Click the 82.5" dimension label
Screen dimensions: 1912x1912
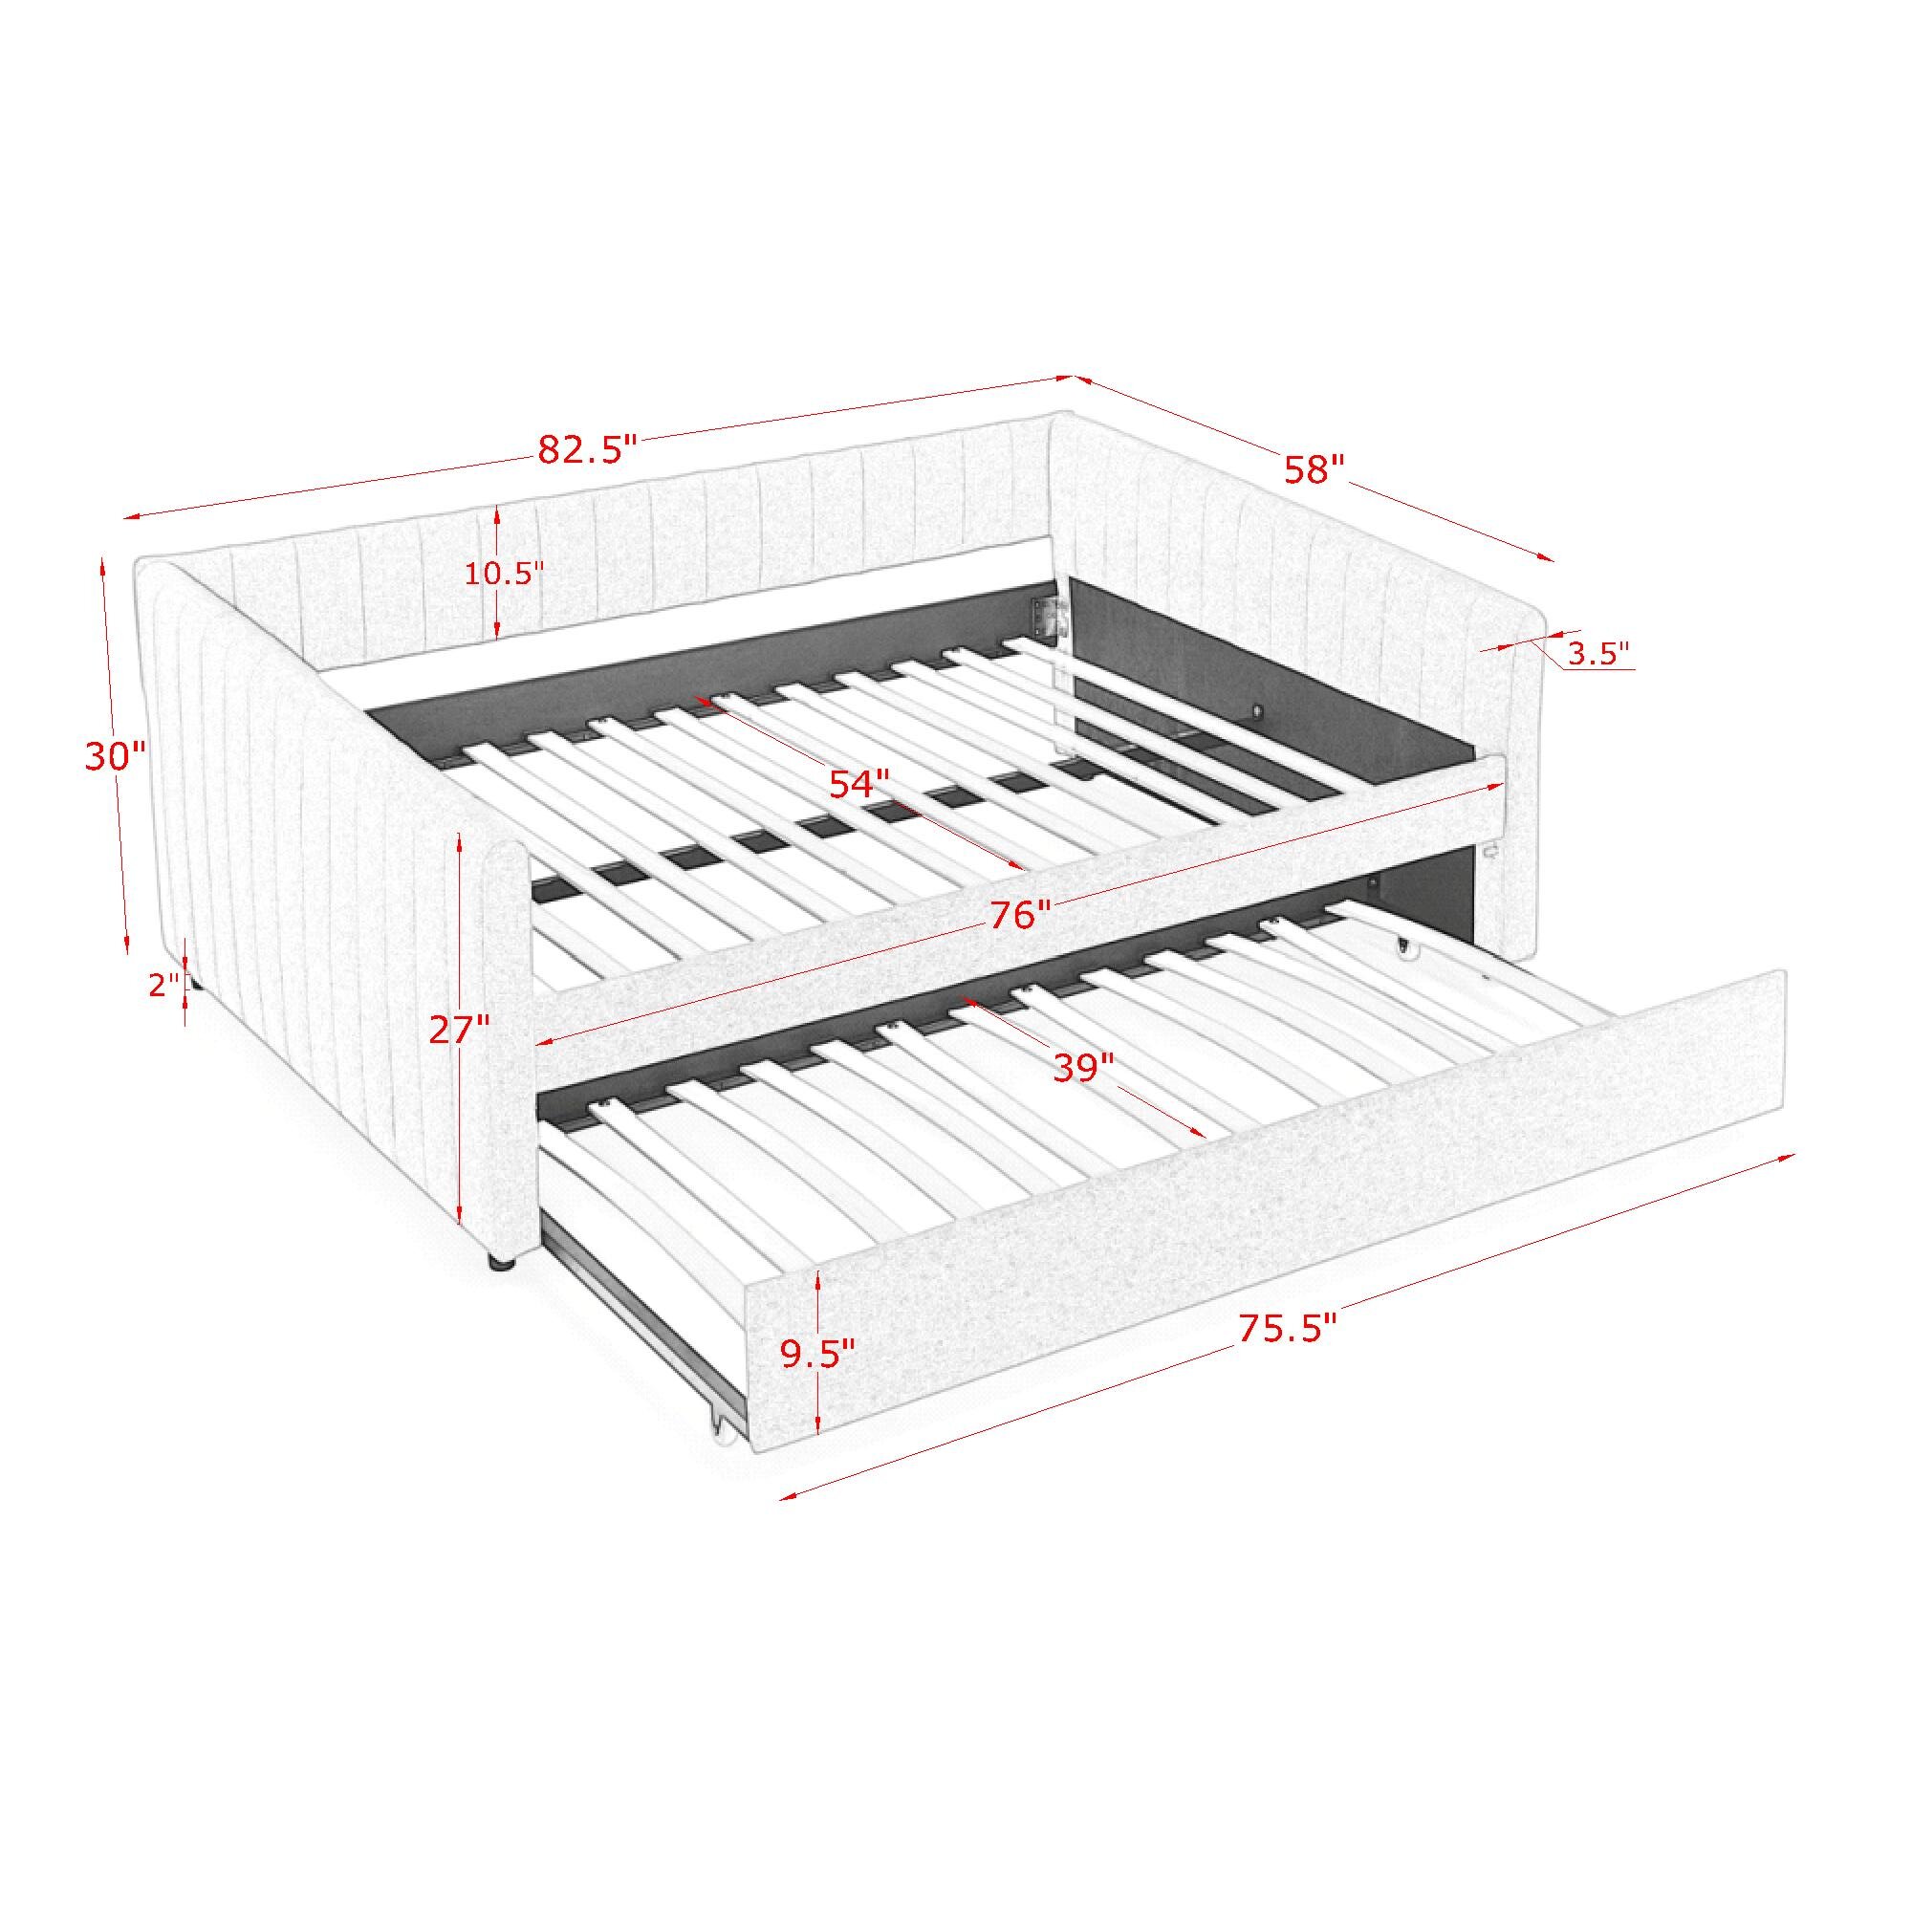pyautogui.click(x=586, y=450)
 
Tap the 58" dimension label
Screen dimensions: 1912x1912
pyautogui.click(x=1315, y=468)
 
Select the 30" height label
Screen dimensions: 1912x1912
pyautogui.click(x=115, y=757)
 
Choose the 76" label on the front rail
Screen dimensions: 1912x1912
pyautogui.click(x=1020, y=915)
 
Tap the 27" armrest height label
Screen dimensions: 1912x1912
pyautogui.click(x=459, y=1031)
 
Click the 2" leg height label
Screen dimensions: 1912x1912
pyautogui.click(x=164, y=985)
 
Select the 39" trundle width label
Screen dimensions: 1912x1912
pyautogui.click(x=1084, y=1068)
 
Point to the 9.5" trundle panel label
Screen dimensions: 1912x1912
pyautogui.click(x=818, y=1354)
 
